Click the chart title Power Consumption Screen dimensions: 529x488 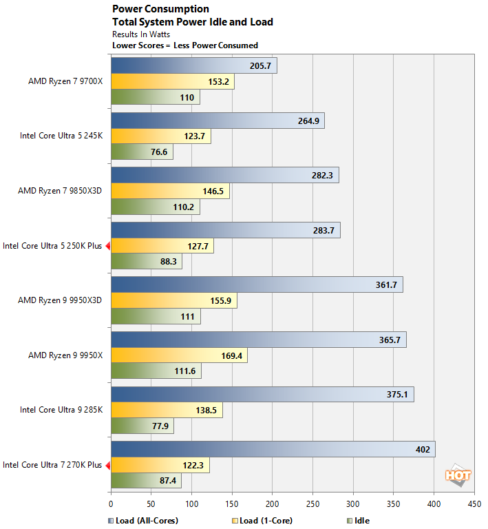click(160, 10)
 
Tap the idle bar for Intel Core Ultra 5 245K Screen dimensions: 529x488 click(141, 152)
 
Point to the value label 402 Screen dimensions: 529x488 click(423, 450)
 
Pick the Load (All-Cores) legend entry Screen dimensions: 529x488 click(143, 521)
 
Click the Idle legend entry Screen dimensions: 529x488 click(360, 521)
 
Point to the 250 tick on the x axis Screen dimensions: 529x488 click(312, 504)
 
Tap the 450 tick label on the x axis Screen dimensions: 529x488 click(474, 504)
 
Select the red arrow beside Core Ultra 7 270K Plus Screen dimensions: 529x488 click(107, 465)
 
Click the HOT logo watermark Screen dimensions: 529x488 click(458, 475)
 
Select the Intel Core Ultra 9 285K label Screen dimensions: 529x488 click(61, 410)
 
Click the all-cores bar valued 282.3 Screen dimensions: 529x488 click(224, 176)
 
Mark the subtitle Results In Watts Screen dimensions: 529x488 click(141, 34)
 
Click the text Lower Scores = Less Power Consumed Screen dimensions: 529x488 click(185, 45)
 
